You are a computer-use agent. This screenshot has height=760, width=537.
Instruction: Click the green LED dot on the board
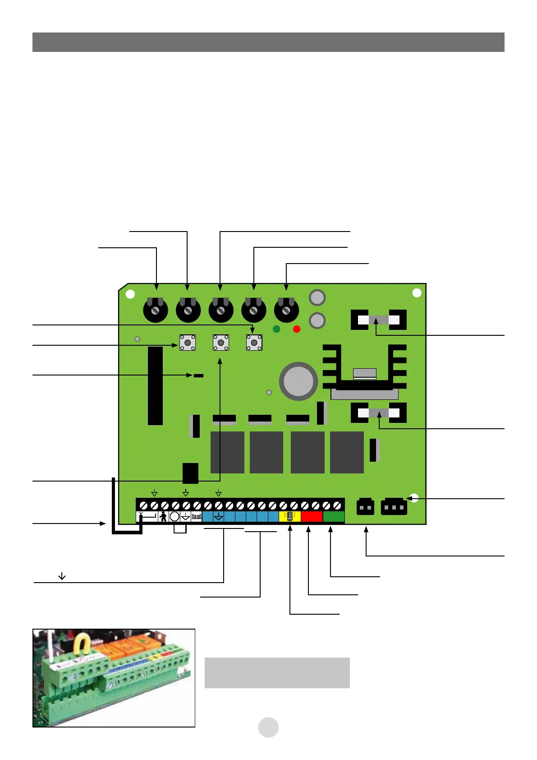click(x=276, y=329)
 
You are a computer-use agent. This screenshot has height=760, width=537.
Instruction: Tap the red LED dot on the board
click(x=297, y=329)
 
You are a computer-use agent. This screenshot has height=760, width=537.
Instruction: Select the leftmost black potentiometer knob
click(x=156, y=310)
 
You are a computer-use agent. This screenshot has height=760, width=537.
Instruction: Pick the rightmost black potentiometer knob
click(x=286, y=310)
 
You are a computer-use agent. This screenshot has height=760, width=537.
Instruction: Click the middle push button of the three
click(x=221, y=343)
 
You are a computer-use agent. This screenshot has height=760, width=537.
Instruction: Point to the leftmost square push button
click(x=188, y=343)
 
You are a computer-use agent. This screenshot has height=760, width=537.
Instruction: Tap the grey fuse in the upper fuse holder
click(x=379, y=320)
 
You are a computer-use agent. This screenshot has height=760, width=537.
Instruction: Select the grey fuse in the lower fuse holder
click(x=379, y=413)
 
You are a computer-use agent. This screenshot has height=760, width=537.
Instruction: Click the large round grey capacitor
click(x=298, y=381)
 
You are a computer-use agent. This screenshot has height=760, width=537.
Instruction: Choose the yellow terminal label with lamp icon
click(x=290, y=517)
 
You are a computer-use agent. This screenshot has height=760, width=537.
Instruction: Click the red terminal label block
click(x=312, y=517)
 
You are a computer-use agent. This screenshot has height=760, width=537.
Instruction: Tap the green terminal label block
click(x=334, y=517)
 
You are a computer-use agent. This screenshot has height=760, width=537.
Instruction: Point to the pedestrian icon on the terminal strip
click(x=163, y=517)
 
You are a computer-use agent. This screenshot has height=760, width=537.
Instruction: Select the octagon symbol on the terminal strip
click(x=174, y=517)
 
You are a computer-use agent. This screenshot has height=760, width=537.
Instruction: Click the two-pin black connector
click(x=365, y=507)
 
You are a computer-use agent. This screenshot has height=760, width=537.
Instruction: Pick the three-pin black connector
click(x=394, y=507)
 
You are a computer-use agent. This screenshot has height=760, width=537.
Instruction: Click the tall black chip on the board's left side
click(x=155, y=386)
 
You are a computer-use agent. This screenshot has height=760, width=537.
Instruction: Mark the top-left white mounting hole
click(x=130, y=294)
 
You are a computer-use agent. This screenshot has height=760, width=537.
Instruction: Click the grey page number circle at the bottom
click(x=268, y=727)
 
